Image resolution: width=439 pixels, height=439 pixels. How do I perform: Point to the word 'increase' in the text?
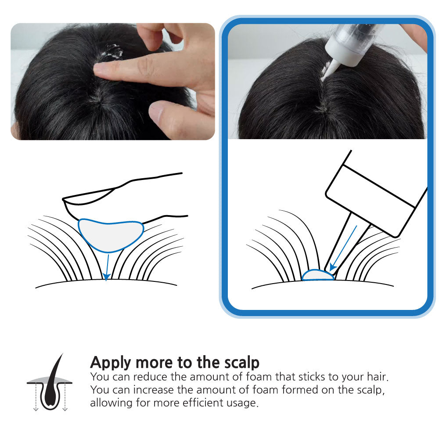(x=154, y=390)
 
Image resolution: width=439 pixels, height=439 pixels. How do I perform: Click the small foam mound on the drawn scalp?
(x=318, y=275)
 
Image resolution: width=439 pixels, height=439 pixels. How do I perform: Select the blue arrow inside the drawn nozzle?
(x=343, y=248)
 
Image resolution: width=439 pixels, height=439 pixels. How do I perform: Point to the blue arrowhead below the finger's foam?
(x=106, y=277)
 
